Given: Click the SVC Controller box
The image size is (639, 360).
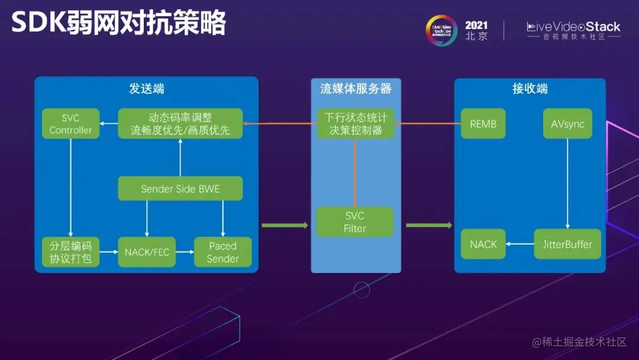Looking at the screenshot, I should pos(70,124).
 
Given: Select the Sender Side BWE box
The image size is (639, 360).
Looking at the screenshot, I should pos(180,188).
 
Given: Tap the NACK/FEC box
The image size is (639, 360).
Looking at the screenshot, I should pos(147,252).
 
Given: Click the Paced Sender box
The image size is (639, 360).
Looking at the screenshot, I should pos(222,252).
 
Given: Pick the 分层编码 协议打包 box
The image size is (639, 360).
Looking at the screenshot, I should pos(70,252).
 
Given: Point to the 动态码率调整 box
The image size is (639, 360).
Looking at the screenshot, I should pos(180,124).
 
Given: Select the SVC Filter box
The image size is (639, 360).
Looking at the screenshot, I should pos(354,222).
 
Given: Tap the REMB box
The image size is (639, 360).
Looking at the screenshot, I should pos(483,124).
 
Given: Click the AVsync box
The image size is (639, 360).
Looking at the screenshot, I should pos(567,124).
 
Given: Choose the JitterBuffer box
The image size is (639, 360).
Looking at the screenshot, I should pos(567,244).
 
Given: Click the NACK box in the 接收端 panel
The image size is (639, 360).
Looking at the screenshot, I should pos(483,244).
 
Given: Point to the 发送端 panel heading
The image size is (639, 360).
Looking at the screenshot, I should pos(146,89).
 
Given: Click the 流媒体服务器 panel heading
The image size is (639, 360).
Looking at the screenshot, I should pos(356,89).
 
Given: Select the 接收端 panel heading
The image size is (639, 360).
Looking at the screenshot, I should pos(530,89).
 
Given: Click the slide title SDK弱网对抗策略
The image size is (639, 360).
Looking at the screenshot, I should pos(118,24).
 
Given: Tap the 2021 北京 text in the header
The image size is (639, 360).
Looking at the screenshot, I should pos(476,30).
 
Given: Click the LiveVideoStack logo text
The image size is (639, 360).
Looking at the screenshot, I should pos(573,27).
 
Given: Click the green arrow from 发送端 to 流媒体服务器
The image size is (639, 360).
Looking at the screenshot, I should pos(285,225).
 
